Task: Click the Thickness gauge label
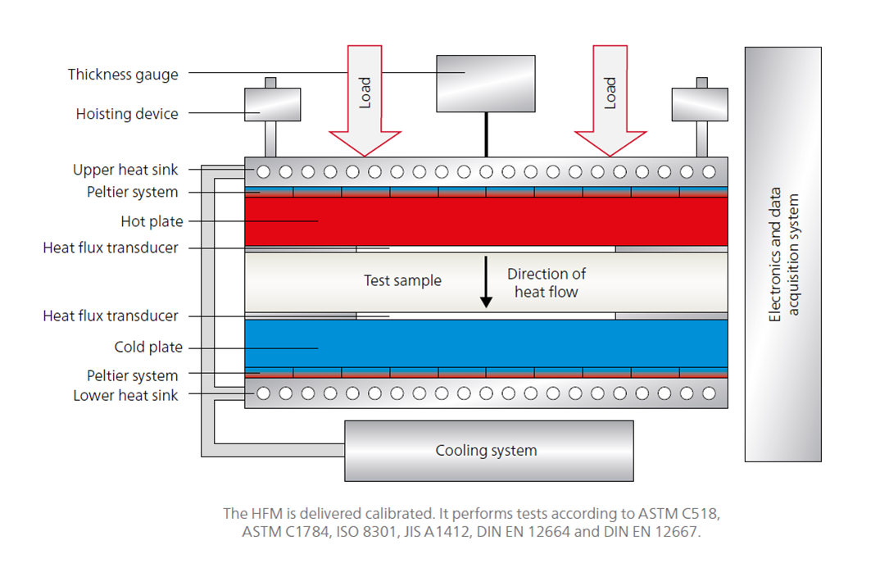[x=123, y=75]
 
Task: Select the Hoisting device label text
[x=127, y=114]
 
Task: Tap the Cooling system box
[x=488, y=450]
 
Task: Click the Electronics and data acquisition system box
[x=782, y=254]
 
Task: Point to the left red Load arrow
[x=365, y=98]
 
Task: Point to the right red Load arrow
[x=610, y=98]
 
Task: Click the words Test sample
[x=402, y=281]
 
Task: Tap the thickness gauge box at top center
[x=485, y=83]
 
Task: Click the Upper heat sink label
[x=125, y=170]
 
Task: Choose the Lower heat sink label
[x=125, y=395]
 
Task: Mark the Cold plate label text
[x=148, y=348]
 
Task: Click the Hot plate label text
[x=152, y=221]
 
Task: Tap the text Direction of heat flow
[x=547, y=283]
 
